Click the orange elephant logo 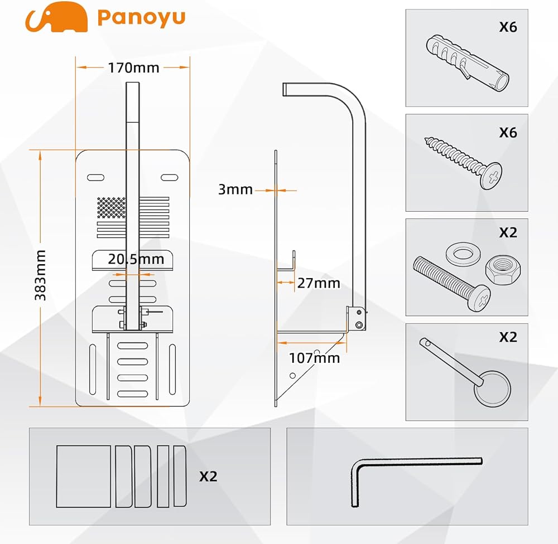pos(56,17)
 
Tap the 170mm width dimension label pos(133,68)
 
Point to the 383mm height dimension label pos(41,276)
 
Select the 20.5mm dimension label pos(137,259)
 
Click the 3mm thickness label pos(235,190)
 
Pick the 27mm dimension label pos(318,283)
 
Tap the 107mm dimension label pos(314,358)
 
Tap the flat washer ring pos(463,254)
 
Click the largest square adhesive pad pos(84,476)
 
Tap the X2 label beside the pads pos(208,477)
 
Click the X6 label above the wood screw pos(508,132)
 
